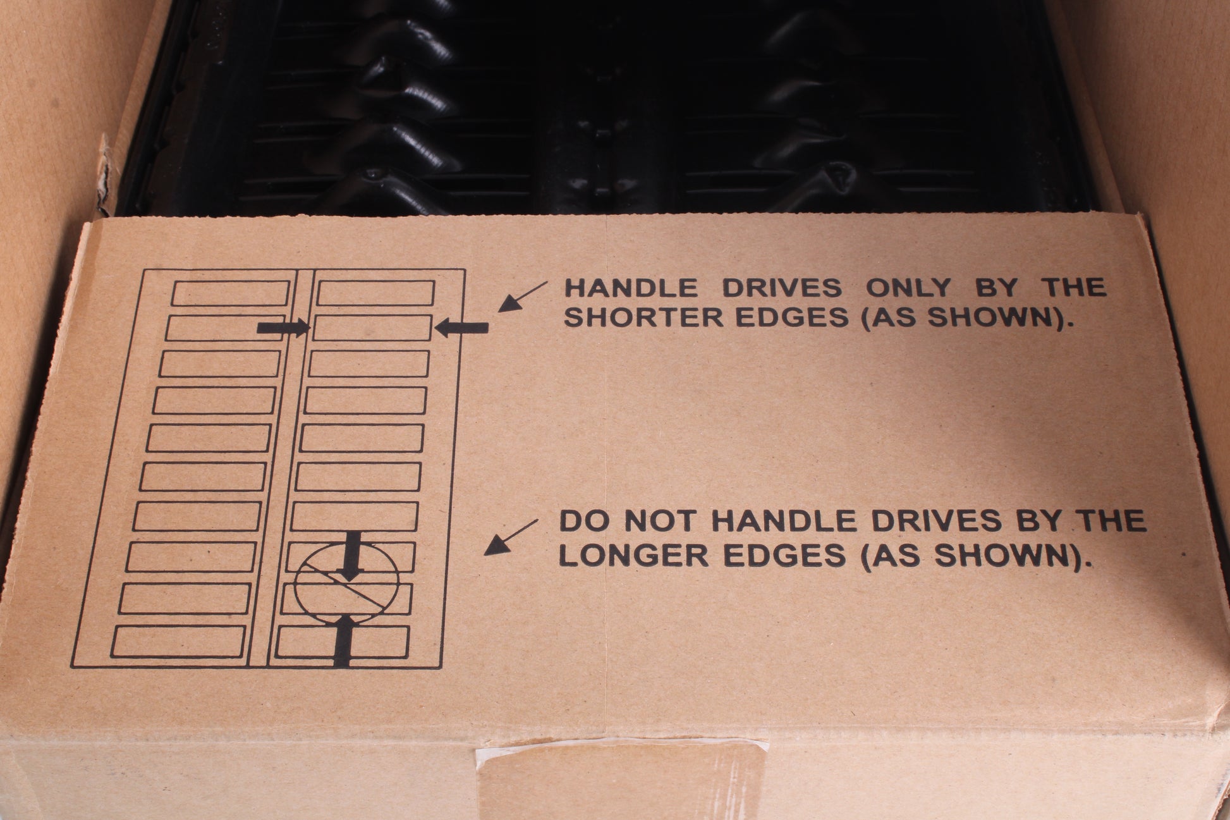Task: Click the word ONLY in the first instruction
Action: (x=908, y=288)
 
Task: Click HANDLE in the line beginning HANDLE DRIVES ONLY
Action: (x=630, y=288)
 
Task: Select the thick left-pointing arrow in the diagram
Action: (x=463, y=327)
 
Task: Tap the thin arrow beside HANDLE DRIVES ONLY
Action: (x=523, y=297)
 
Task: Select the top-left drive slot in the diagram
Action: (x=230, y=293)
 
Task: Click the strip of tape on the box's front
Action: (x=623, y=782)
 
